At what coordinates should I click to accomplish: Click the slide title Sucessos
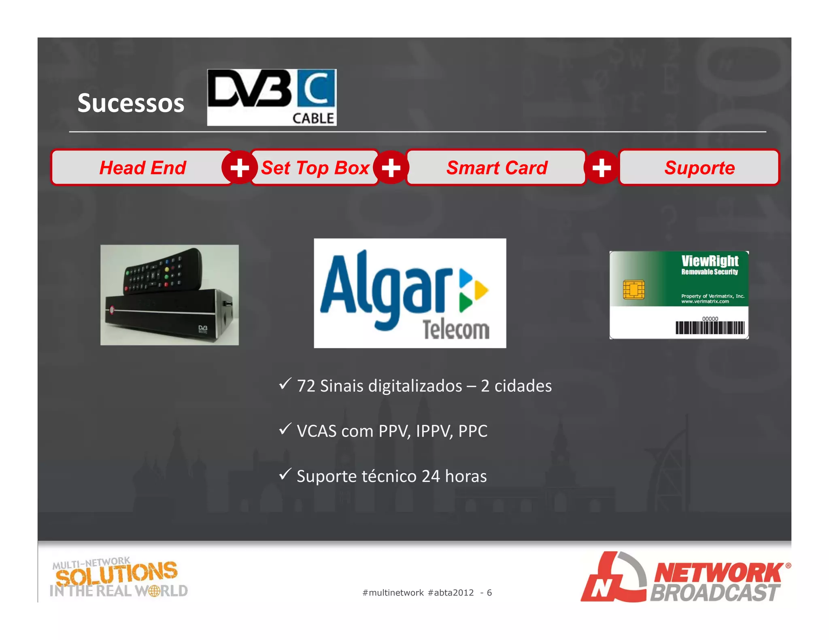[131, 103]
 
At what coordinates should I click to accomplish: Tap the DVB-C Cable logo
[272, 97]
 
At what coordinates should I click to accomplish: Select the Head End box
[142, 167]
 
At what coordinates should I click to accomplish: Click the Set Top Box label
[315, 167]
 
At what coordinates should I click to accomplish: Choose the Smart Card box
[497, 167]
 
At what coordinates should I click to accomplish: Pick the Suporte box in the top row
[699, 167]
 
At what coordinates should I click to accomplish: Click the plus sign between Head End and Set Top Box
[240, 167]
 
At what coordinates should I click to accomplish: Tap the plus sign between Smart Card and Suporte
[602, 167]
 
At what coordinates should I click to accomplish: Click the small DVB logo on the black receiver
[203, 328]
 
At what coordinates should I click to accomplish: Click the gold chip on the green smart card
[633, 290]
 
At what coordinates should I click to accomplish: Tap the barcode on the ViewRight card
[710, 328]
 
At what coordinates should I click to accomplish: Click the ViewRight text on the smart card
[710, 261]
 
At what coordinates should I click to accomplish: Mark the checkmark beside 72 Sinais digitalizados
[285, 384]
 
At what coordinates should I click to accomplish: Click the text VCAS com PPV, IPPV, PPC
[392, 431]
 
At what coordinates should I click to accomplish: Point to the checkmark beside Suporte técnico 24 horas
[285, 474]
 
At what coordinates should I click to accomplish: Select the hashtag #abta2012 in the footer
[451, 593]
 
